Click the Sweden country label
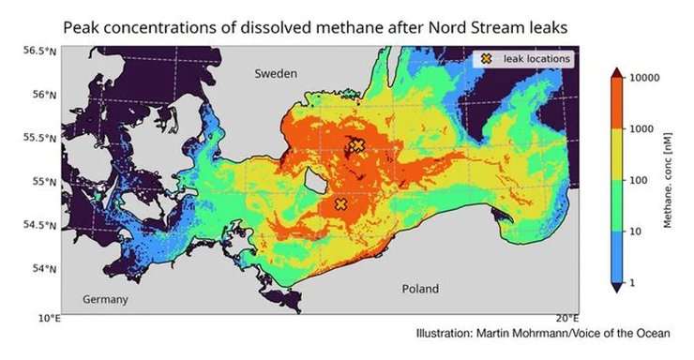pos(278,72)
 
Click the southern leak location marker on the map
pos(341,204)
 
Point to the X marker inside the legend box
pos(486,58)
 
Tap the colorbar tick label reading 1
pos(634,280)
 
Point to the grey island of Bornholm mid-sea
pos(313,181)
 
